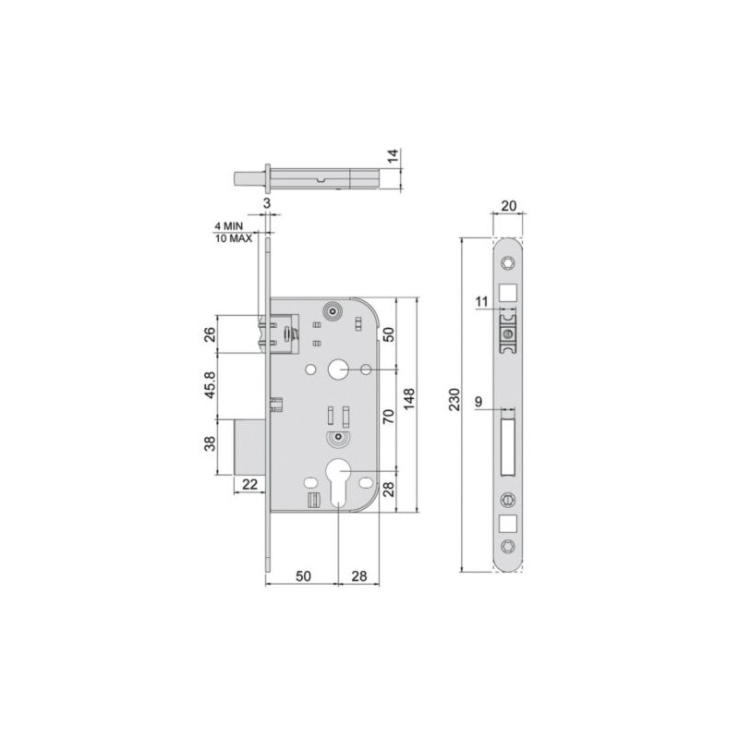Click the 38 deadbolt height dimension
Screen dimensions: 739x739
(210, 445)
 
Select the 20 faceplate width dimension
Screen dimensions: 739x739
(506, 206)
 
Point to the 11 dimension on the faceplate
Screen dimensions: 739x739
(482, 302)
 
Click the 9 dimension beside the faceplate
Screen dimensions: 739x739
(479, 400)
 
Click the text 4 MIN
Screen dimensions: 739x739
(230, 225)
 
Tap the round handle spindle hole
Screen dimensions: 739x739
(337, 370)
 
